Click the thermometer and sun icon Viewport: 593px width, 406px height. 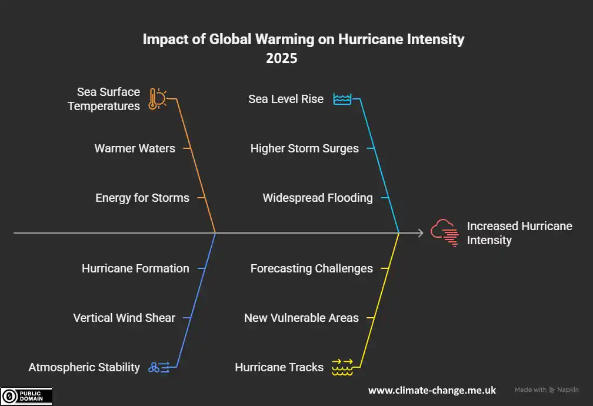pyautogui.click(x=157, y=99)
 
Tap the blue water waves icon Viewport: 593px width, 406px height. pyautogui.click(x=342, y=99)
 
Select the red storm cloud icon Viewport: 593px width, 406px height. pyautogui.click(x=445, y=232)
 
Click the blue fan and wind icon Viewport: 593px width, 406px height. pyautogui.click(x=159, y=367)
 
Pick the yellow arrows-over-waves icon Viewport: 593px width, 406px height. pyautogui.click(x=342, y=367)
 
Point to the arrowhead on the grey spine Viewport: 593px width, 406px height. pyautogui.click(x=421, y=233)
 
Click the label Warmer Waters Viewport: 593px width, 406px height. pyautogui.click(x=135, y=148)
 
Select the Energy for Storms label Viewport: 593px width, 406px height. pyautogui.click(x=142, y=198)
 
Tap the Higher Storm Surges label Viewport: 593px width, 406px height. pyautogui.click(x=305, y=148)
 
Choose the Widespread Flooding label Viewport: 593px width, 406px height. pyautogui.click(x=318, y=198)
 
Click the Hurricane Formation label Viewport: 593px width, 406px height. pyautogui.click(x=135, y=268)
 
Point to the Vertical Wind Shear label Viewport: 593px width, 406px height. pyautogui.click(x=124, y=318)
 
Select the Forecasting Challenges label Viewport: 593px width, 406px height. pyautogui.click(x=312, y=268)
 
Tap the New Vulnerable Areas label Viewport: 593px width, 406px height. pyautogui.click(x=301, y=318)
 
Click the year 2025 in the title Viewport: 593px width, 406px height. pyautogui.click(x=282, y=58)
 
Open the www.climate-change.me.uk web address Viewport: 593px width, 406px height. pyautogui.click(x=432, y=391)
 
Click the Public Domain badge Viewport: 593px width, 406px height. pyautogui.click(x=26, y=396)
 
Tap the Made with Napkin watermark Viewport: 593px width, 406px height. pyautogui.click(x=547, y=390)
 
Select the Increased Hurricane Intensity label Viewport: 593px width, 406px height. pyautogui.click(x=519, y=233)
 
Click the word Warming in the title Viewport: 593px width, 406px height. pyautogui.click(x=285, y=39)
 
